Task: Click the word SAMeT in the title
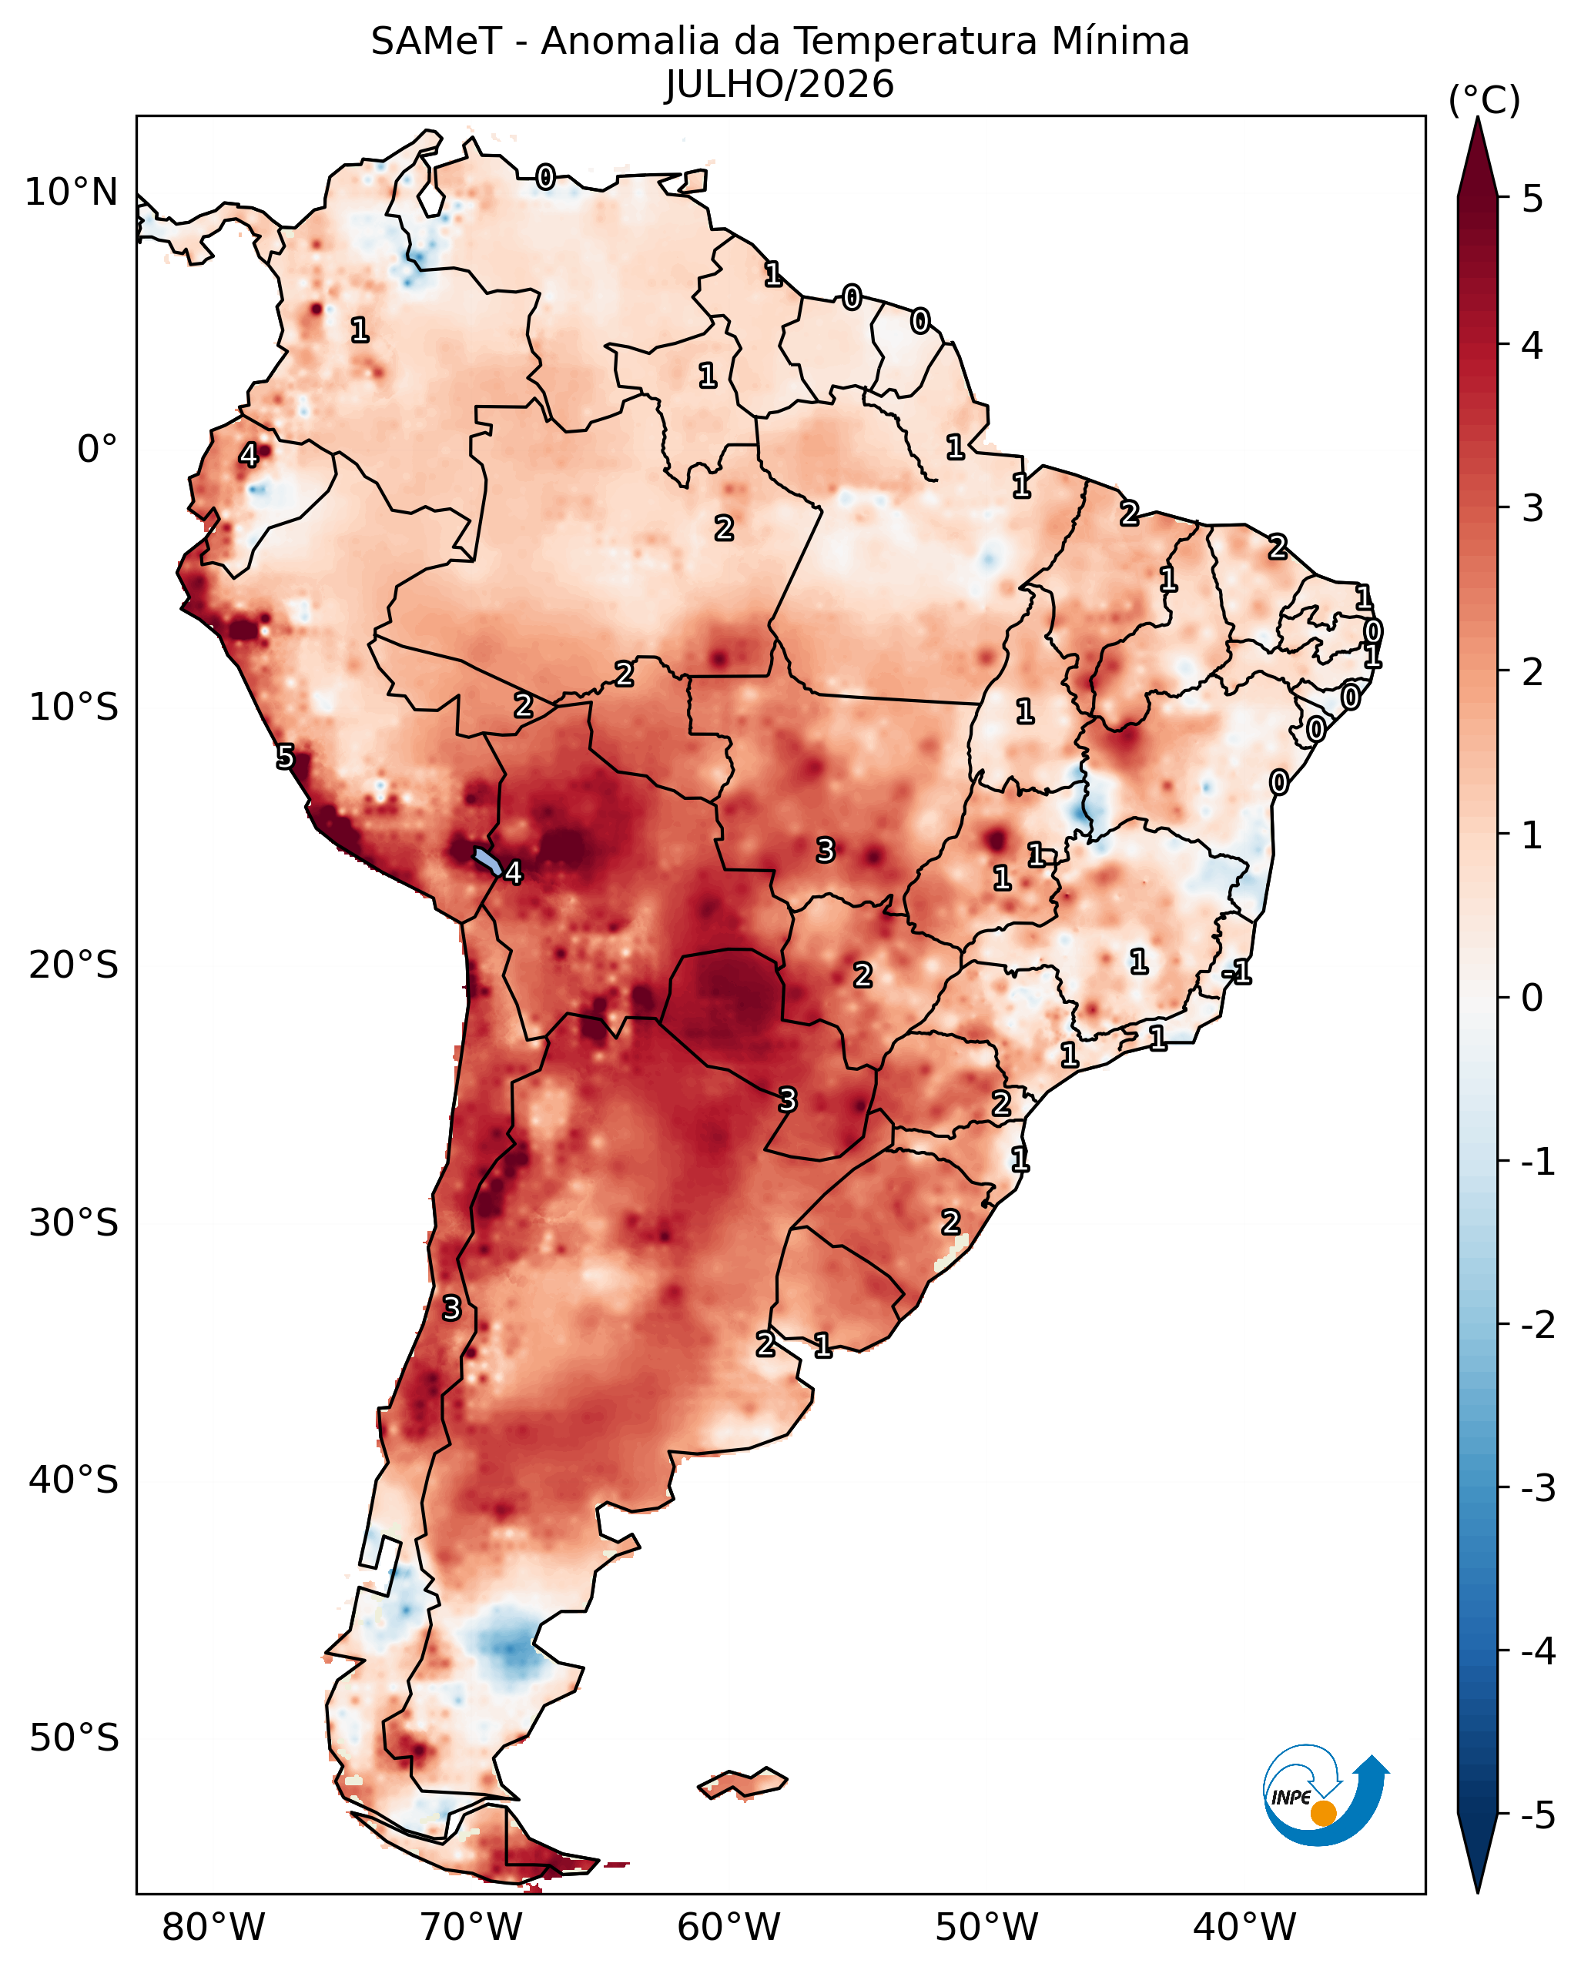click(x=436, y=42)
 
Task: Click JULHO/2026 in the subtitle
click(x=779, y=85)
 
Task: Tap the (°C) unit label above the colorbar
click(x=1484, y=101)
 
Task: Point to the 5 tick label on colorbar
click(x=1532, y=199)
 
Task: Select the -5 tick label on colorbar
click(x=1538, y=1815)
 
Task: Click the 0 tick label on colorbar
click(x=1532, y=998)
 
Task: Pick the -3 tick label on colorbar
click(x=1538, y=1488)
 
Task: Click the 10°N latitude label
click(x=72, y=192)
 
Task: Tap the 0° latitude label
click(x=98, y=450)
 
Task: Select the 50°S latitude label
click(x=73, y=1738)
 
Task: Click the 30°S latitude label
click(x=73, y=1222)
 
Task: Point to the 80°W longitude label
click(x=213, y=1927)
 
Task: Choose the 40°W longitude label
click(x=1244, y=1927)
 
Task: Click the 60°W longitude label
click(x=729, y=1927)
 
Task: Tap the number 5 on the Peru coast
click(x=286, y=757)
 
